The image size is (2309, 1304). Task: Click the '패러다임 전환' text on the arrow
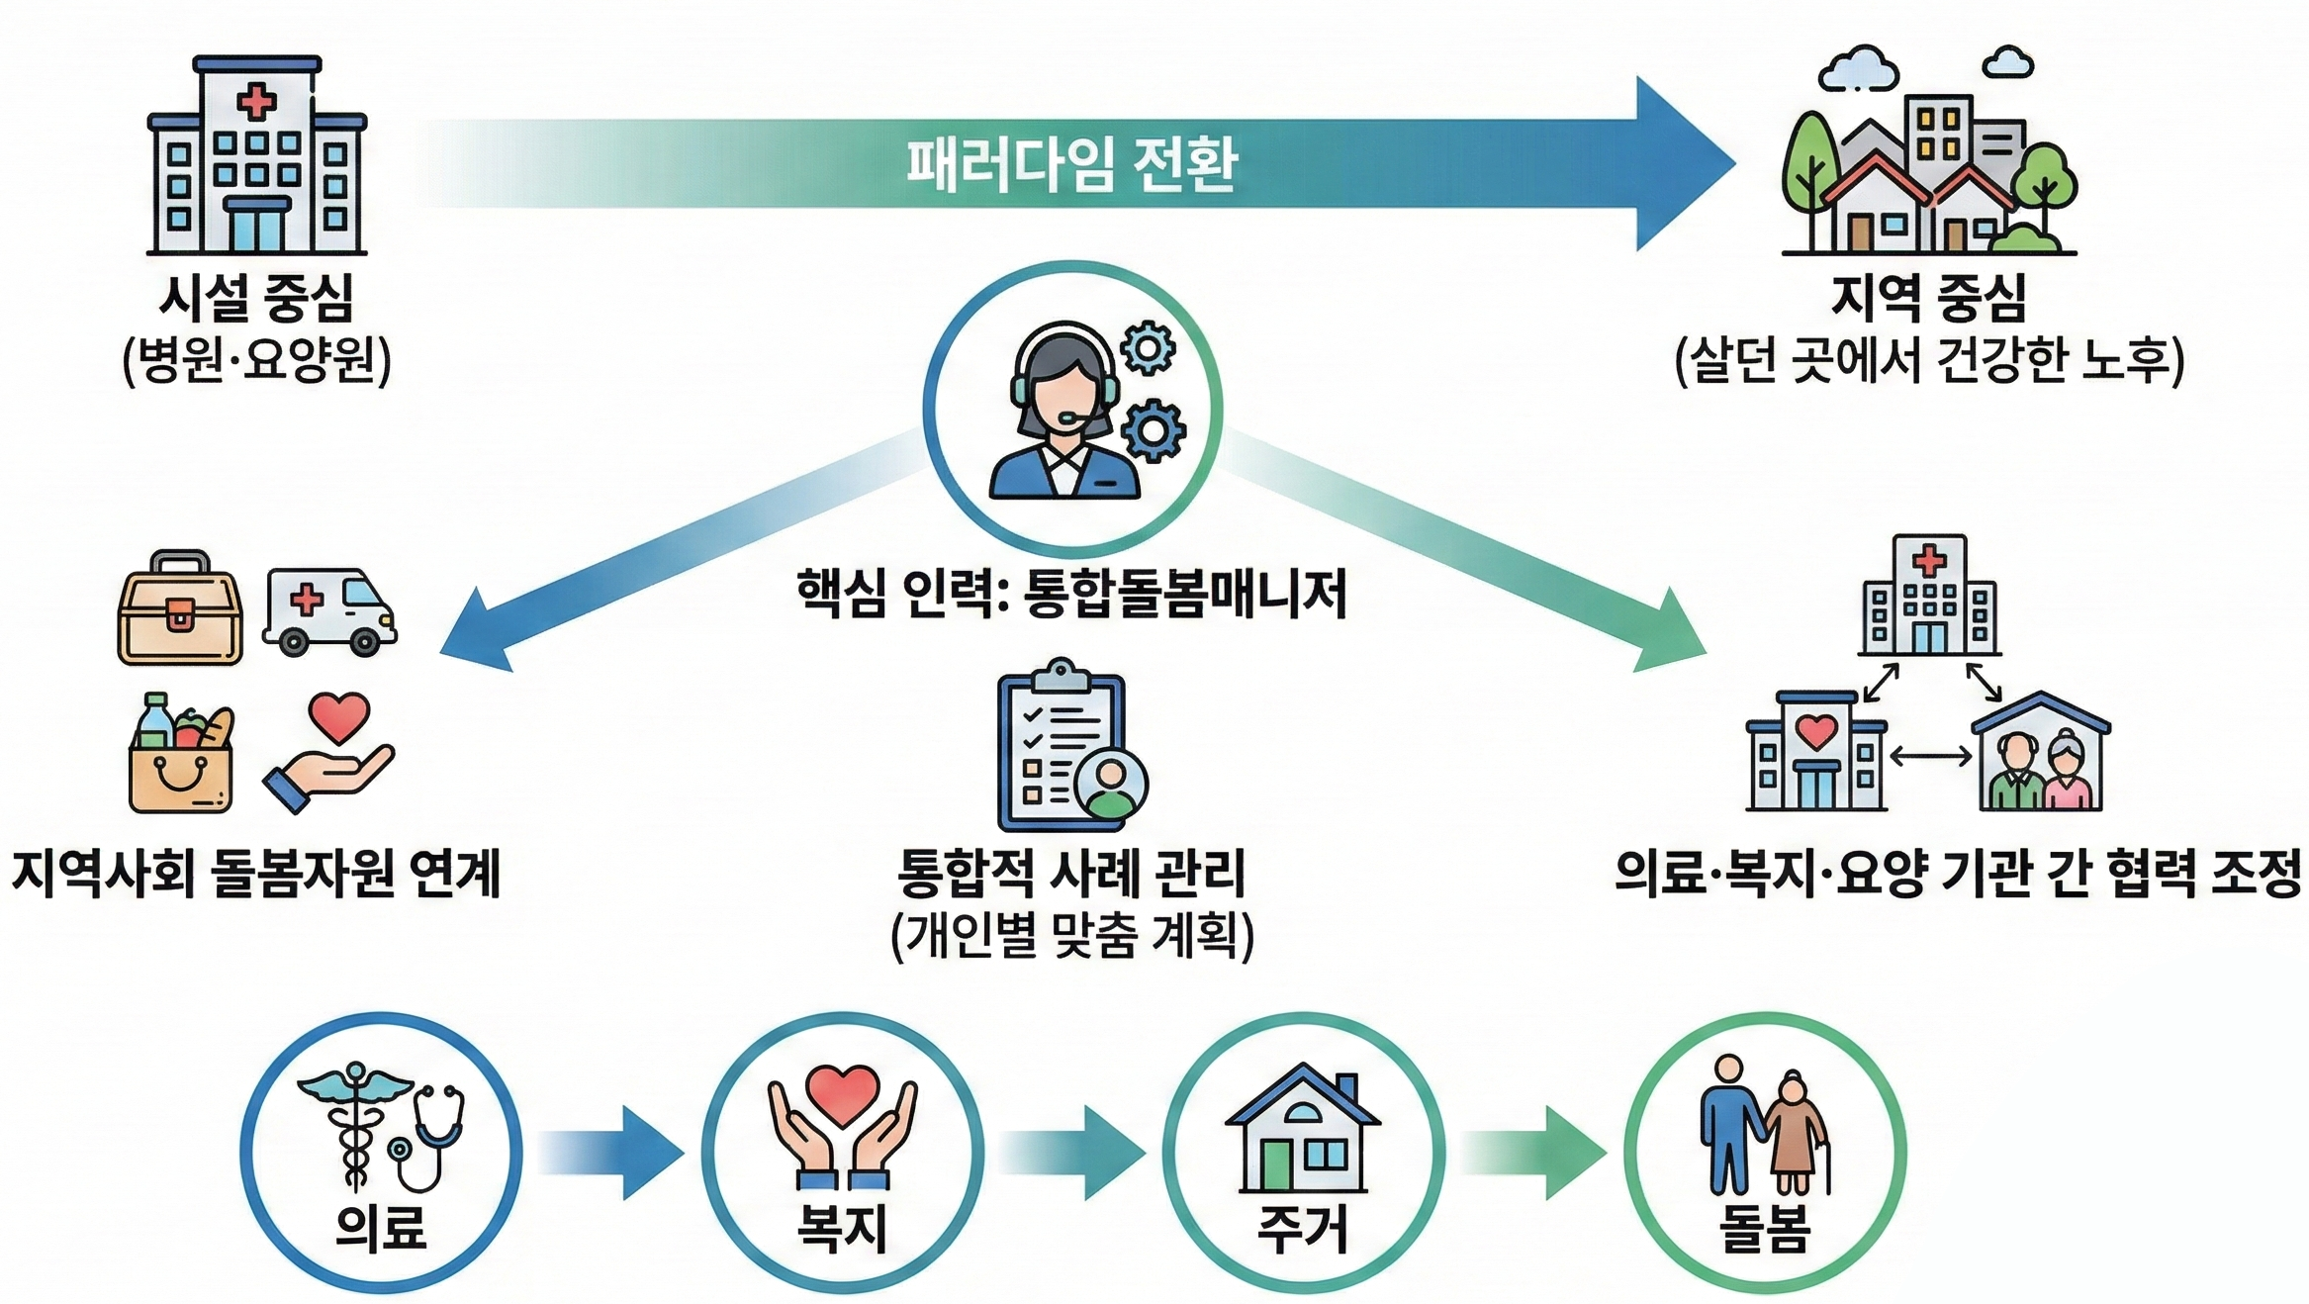coord(1071,164)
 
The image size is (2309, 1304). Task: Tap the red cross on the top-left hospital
coord(256,101)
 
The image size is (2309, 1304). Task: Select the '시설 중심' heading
coord(256,297)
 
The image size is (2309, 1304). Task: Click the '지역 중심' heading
coord(1928,297)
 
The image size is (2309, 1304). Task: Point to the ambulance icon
coord(329,610)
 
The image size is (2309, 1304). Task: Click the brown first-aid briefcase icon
coord(180,608)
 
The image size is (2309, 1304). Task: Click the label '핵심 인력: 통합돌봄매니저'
coord(1071,594)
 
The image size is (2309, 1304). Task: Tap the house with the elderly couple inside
coord(2041,754)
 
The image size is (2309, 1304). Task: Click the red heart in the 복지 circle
coord(842,1094)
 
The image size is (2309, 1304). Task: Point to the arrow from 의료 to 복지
coord(613,1154)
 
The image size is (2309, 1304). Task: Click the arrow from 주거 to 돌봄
coord(1535,1154)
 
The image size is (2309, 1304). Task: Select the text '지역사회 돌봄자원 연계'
coord(256,873)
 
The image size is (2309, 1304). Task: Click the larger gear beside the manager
coord(1154,430)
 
